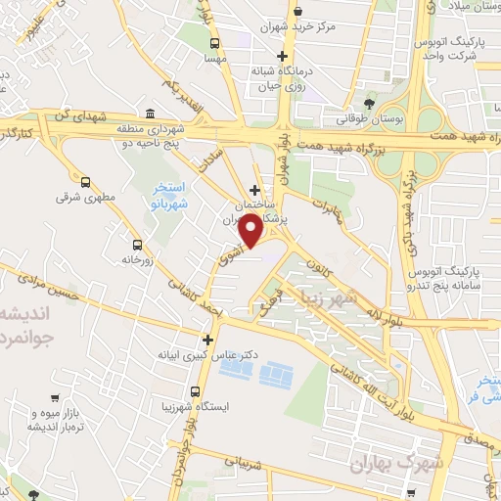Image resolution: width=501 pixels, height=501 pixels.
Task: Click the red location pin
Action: click(x=250, y=232)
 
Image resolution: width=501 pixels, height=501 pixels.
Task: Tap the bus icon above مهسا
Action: click(x=214, y=44)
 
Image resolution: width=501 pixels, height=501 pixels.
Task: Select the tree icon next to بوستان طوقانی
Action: click(x=369, y=104)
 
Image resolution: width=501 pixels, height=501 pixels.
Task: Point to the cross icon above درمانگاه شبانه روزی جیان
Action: click(x=282, y=55)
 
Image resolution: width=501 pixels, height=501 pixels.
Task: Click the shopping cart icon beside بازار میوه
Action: click(x=52, y=399)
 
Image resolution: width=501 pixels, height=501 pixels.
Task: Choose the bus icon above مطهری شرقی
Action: click(x=86, y=181)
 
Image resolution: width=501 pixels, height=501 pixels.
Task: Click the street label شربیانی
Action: click(x=245, y=456)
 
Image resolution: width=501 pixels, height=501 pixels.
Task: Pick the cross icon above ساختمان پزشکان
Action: click(x=254, y=190)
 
